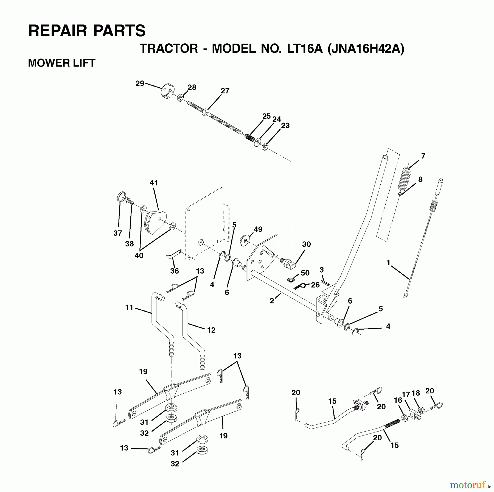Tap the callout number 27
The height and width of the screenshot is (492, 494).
pyautogui.click(x=225, y=91)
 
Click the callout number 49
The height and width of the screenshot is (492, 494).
pyautogui.click(x=258, y=229)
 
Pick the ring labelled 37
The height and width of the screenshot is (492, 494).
pyautogui.click(x=120, y=197)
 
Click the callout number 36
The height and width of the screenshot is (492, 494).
pyautogui.click(x=175, y=271)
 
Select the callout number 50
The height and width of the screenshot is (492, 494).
pyautogui.click(x=305, y=273)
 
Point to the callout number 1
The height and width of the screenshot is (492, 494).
pyautogui.click(x=388, y=263)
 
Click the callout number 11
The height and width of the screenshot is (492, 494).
pyautogui.click(x=129, y=307)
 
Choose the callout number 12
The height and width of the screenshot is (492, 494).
pyautogui.click(x=211, y=330)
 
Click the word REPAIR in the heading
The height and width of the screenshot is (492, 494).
pyautogui.click(x=58, y=30)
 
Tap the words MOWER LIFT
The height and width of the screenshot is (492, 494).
pyautogui.click(x=62, y=63)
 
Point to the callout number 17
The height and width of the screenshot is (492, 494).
pyautogui.click(x=406, y=394)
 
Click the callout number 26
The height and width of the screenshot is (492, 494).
pyautogui.click(x=315, y=285)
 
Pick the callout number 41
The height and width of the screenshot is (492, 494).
pyautogui.click(x=154, y=183)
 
